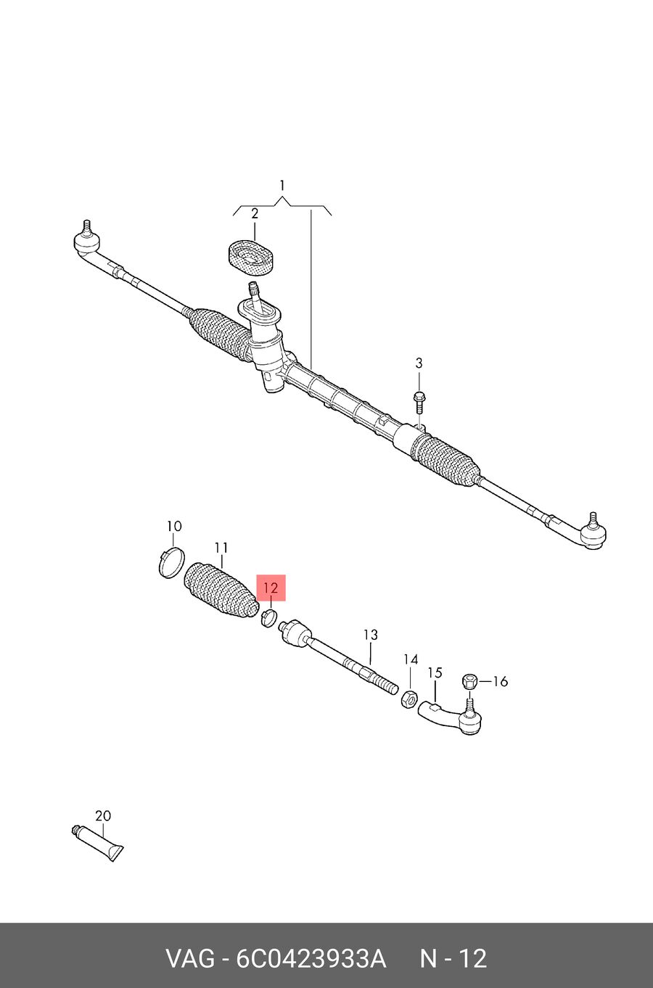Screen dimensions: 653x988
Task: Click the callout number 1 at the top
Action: click(x=282, y=185)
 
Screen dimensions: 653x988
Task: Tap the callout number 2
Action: click(x=255, y=214)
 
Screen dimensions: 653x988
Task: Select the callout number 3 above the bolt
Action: click(x=419, y=363)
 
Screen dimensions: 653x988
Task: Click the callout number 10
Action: click(x=174, y=526)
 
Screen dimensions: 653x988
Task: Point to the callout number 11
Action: click(x=221, y=548)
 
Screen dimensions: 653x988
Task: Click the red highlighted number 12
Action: click(x=271, y=588)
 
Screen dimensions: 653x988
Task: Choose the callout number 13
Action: click(x=371, y=635)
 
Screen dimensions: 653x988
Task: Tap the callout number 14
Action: click(x=411, y=660)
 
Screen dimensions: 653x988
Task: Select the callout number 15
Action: click(x=435, y=673)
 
